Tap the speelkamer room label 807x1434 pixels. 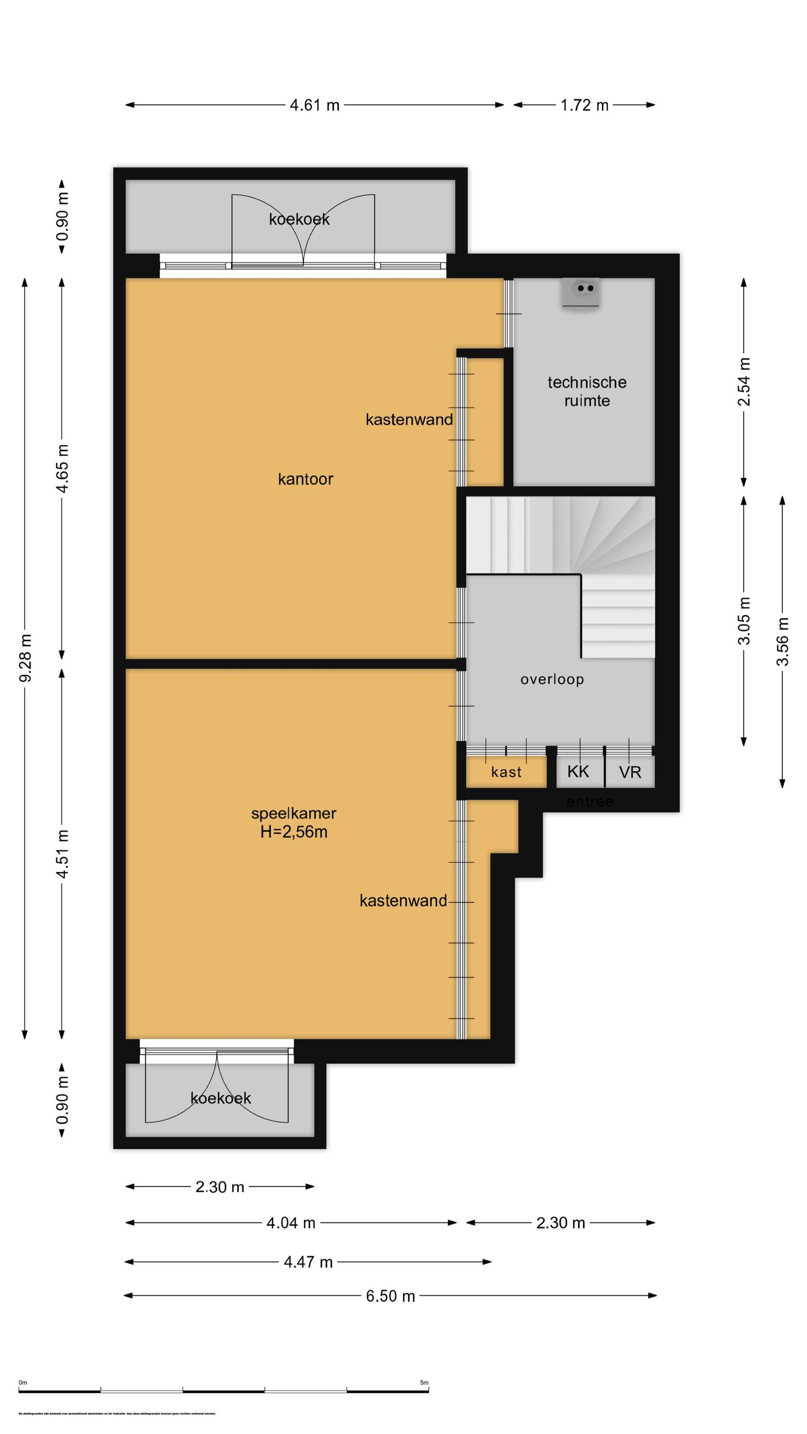(294, 813)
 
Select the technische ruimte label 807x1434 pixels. (587, 391)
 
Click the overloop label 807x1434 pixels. (552, 679)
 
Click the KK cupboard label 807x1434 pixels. (578, 771)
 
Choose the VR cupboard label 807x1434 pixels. (630, 772)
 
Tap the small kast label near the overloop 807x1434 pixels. (506, 772)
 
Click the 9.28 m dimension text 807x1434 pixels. (26, 657)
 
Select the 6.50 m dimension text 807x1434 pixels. (391, 1296)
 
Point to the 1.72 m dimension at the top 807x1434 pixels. (584, 105)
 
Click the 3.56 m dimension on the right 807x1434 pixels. (783, 642)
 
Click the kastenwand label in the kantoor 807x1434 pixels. (409, 420)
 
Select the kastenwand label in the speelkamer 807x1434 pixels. (403, 901)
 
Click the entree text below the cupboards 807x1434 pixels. (589, 802)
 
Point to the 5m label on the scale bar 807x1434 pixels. (424, 1382)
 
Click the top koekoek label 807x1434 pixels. (299, 219)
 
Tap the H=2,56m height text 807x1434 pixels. (294, 832)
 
